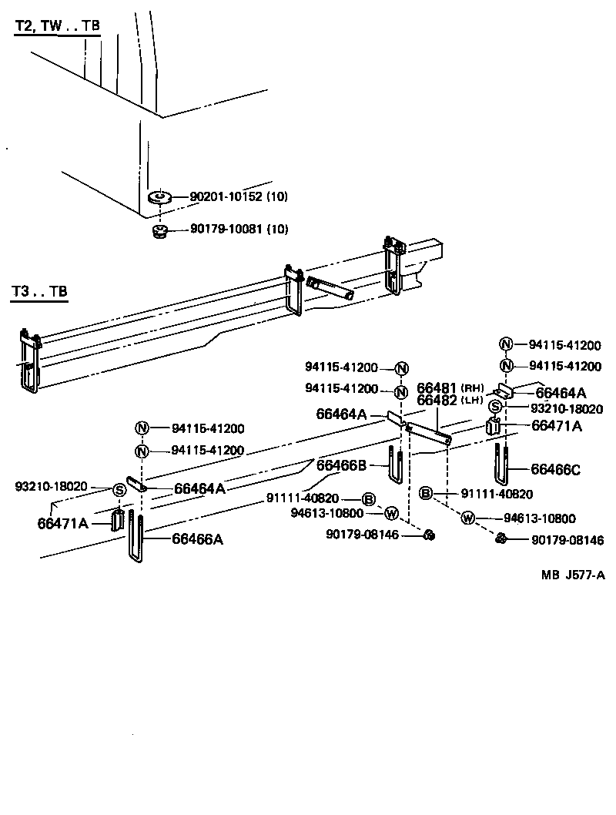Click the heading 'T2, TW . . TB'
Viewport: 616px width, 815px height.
tap(57, 25)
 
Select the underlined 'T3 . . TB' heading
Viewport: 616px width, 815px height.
tap(39, 292)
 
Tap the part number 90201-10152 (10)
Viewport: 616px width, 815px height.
tap(239, 197)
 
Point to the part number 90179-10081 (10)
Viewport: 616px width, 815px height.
tap(239, 229)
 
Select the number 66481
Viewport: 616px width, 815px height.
tap(437, 388)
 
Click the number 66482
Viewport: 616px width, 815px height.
tap(437, 401)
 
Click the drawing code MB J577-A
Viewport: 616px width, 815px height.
tap(572, 575)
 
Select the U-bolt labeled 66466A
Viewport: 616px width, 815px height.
tap(136, 539)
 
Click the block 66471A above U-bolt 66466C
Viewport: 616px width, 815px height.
tap(494, 428)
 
